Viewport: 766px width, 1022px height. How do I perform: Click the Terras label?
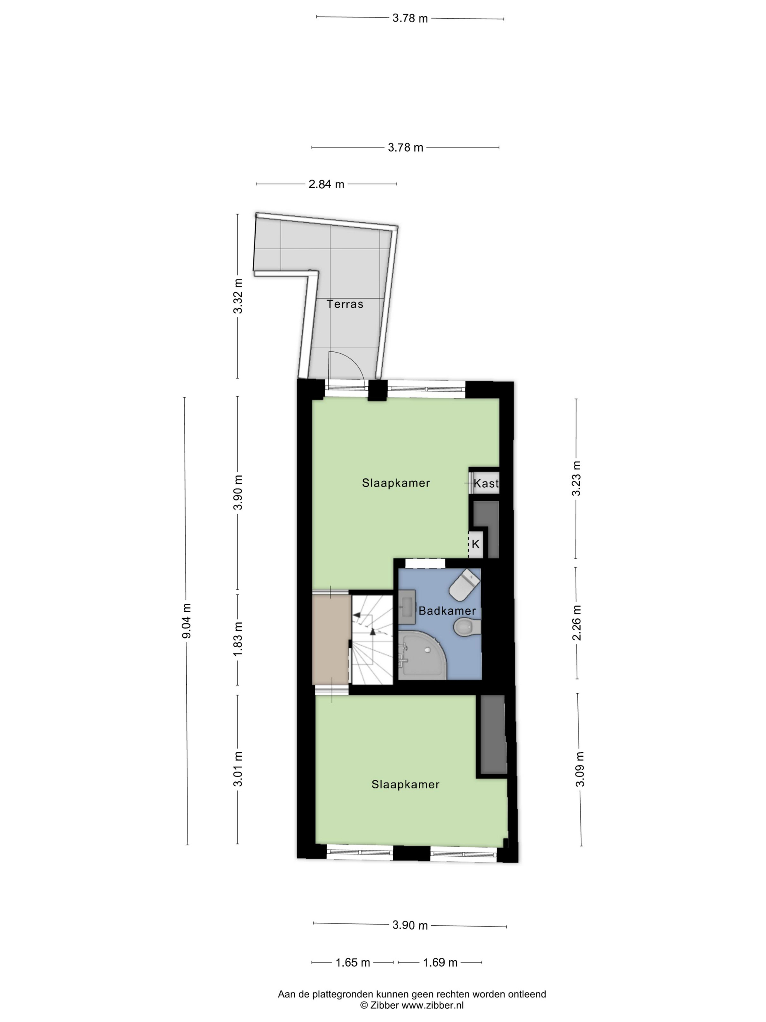pos(345,304)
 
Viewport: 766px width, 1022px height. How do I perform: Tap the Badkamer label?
pos(447,611)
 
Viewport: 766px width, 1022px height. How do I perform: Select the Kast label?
pos(486,483)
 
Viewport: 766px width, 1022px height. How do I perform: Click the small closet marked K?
pos(476,544)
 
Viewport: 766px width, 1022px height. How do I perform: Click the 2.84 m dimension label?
pos(326,184)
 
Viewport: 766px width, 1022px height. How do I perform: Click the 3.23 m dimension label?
pos(576,478)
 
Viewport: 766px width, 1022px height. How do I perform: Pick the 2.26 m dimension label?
pos(577,623)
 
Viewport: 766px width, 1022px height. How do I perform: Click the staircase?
pos(372,639)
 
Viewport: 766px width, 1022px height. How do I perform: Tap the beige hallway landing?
pos(330,639)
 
